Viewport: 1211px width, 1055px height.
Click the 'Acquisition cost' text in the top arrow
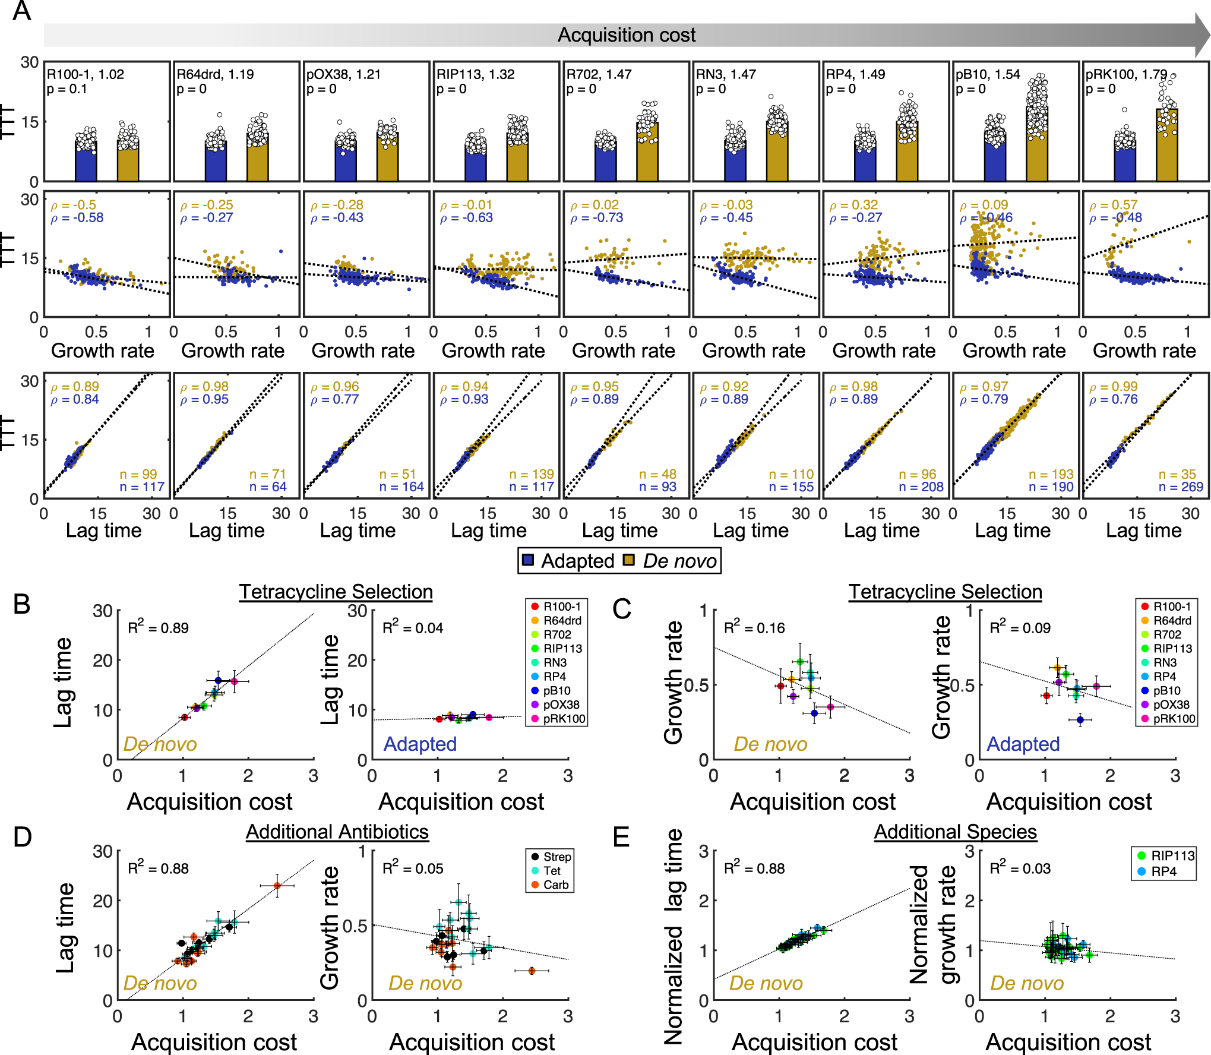pyautogui.click(x=626, y=35)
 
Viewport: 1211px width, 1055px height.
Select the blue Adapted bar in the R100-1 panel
pyautogui.click(x=86, y=160)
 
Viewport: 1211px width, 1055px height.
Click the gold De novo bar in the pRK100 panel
pyautogui.click(x=1166, y=146)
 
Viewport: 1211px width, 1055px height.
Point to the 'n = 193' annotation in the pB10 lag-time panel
pyautogui.click(x=1051, y=474)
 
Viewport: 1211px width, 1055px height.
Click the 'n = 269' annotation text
pyautogui.click(x=1181, y=487)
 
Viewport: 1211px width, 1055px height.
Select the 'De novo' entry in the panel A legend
pyautogui.click(x=679, y=561)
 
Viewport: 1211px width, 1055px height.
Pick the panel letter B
pyautogui.click(x=22, y=604)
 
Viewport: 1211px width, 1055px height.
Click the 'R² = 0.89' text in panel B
pyautogui.click(x=158, y=627)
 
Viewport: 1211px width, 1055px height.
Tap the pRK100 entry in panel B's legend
pyautogui.click(x=563, y=719)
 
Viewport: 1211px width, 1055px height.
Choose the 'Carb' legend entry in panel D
pyautogui.click(x=556, y=885)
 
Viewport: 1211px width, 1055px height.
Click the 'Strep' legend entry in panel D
pyautogui.click(x=557, y=857)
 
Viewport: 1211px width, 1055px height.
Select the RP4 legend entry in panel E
pyautogui.click(x=1163, y=871)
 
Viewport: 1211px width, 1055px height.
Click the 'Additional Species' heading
pyautogui.click(x=955, y=832)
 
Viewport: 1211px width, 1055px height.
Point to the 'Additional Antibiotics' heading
pyautogui.click(x=337, y=832)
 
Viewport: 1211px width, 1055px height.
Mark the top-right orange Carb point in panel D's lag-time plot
pyautogui.click(x=277, y=886)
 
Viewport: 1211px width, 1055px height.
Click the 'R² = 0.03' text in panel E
pyautogui.click(x=1020, y=868)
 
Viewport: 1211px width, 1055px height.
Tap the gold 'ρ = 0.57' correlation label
pyautogui.click(x=1113, y=205)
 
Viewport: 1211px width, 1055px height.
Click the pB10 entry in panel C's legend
pyautogui.click(x=1166, y=691)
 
